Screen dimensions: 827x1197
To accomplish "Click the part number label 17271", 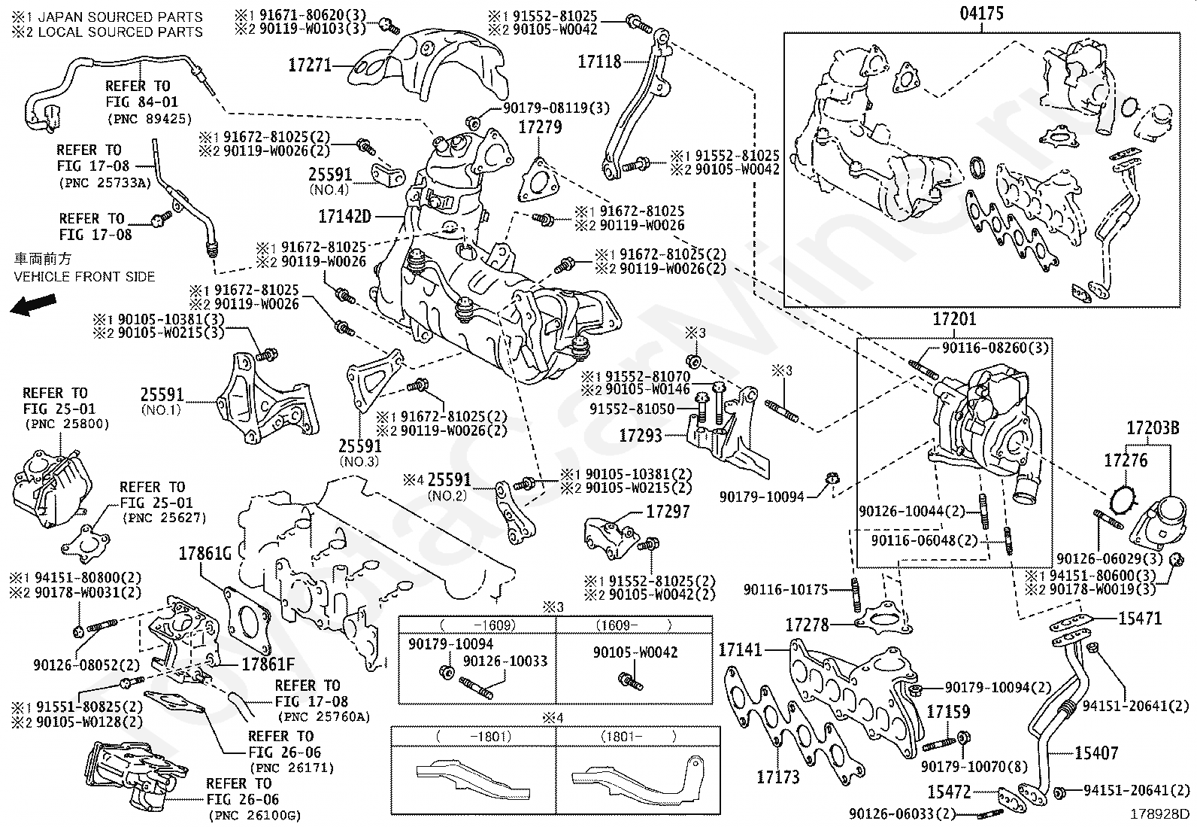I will coord(310,65).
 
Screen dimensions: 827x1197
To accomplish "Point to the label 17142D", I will coord(344,217).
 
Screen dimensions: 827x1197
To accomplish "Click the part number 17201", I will coord(954,319).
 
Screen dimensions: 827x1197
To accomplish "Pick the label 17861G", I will coord(205,555).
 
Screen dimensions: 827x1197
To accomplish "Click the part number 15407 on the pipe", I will coord(1096,753).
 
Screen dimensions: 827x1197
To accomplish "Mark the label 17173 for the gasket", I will coord(777,777).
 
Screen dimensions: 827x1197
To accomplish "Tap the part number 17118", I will coord(599,62).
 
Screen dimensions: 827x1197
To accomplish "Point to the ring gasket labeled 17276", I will coord(1125,497).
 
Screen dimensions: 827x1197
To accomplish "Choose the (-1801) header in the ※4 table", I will coord(474,737).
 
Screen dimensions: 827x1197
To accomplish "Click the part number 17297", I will coord(668,512).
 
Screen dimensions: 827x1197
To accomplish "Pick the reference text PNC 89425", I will coord(150,119).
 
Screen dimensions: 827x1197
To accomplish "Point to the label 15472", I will coord(948,792).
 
